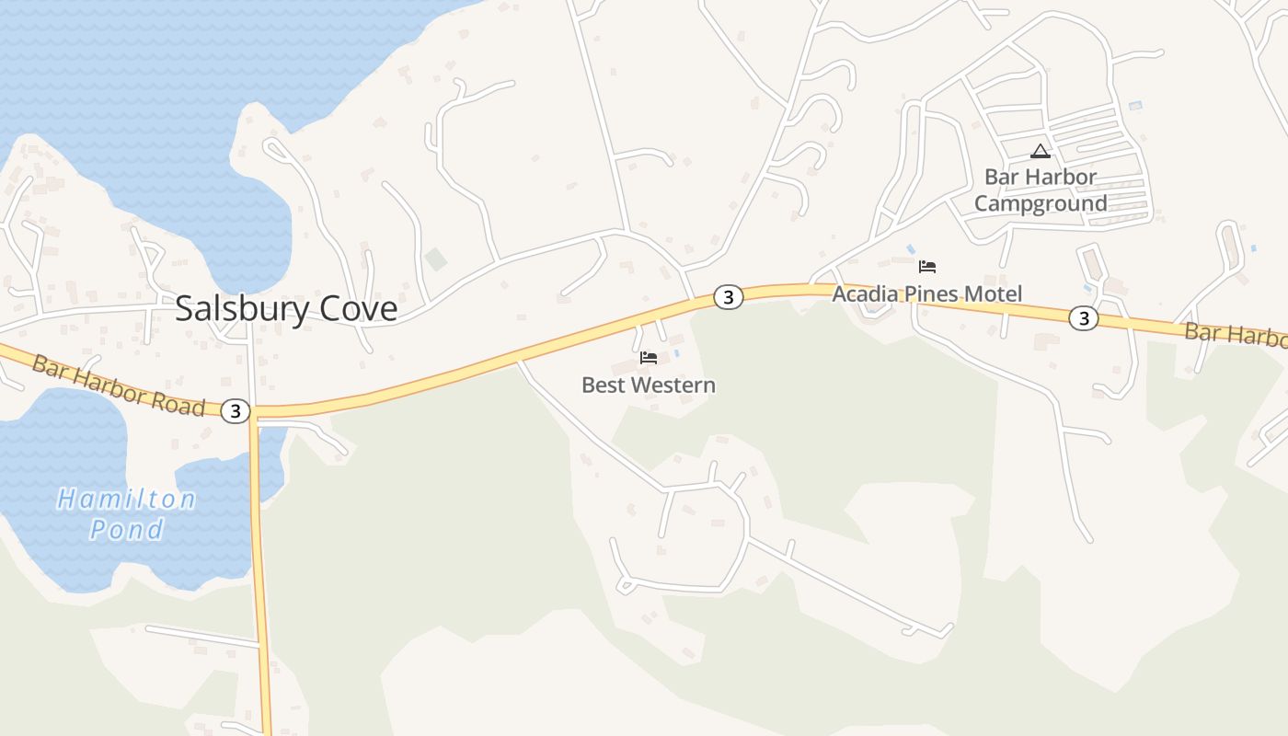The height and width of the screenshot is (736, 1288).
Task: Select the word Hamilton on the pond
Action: point(126,500)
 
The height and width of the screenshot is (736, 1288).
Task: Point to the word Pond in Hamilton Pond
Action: point(127,529)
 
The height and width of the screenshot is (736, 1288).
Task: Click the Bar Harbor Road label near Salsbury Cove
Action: point(118,384)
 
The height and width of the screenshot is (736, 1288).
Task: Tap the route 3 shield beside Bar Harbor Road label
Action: point(236,411)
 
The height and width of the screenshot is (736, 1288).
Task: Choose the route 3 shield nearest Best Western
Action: point(728,297)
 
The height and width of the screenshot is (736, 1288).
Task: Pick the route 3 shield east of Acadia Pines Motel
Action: point(1084,318)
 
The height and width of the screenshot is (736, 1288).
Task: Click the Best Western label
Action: point(649,385)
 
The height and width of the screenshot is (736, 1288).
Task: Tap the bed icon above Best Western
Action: point(649,358)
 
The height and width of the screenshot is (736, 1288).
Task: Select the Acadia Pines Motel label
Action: point(926,294)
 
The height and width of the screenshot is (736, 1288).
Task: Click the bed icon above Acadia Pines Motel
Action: point(927,268)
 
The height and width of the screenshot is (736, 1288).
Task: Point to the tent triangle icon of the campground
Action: point(1041,152)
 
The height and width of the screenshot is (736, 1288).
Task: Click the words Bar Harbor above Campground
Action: point(1041,177)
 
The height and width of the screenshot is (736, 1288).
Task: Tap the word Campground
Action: point(1041,203)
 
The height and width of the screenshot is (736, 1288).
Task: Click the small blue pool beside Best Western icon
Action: point(678,352)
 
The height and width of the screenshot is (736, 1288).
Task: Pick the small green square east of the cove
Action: point(436,259)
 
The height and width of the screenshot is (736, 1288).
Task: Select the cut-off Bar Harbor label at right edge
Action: point(1236,335)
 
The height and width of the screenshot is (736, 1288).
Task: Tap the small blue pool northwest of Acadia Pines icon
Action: point(911,249)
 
